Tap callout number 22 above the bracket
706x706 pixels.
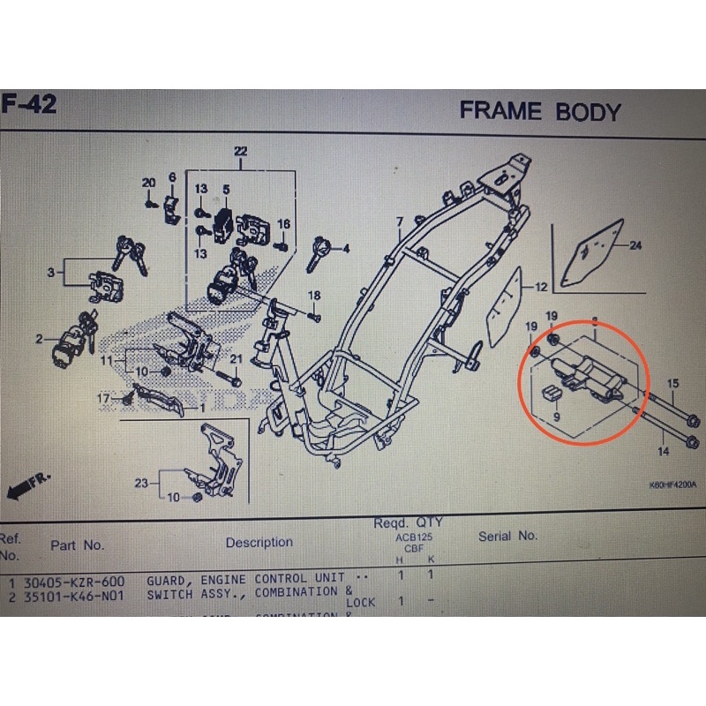tap(240, 152)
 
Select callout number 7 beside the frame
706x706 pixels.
tap(398, 222)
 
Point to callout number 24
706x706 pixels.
tap(635, 246)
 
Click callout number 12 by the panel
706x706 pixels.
tap(541, 287)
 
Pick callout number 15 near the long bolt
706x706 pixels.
tap(672, 383)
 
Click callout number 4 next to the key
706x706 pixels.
tap(347, 249)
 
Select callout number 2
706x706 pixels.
tap(39, 339)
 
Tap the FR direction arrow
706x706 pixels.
tap(26, 484)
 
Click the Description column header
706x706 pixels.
tap(259, 542)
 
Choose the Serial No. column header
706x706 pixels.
tap(507, 536)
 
